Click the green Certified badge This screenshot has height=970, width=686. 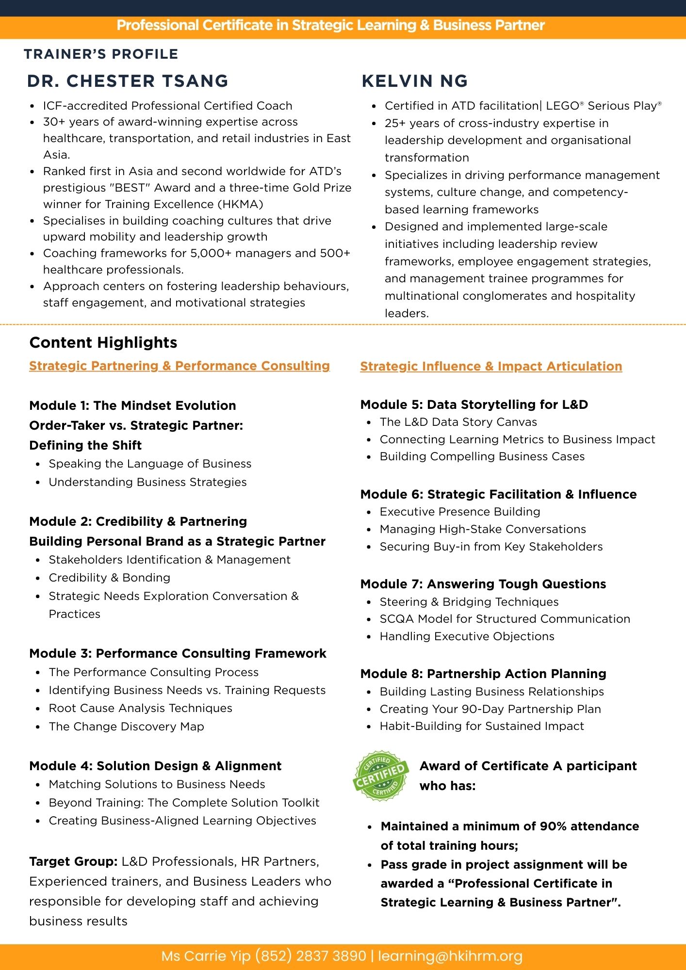380,776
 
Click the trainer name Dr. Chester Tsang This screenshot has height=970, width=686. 128,81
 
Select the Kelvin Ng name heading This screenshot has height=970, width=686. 415,81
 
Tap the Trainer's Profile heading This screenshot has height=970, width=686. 101,54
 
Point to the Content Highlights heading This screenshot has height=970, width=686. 103,342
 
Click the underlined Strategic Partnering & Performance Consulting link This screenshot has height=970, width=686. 180,366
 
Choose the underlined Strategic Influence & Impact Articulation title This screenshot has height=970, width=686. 491,366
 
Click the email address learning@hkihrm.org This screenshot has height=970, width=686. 450,956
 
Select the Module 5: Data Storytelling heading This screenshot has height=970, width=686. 474,404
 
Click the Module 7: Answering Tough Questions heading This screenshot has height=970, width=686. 483,584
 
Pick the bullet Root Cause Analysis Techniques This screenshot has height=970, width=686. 141,708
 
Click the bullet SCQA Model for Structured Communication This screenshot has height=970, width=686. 505,619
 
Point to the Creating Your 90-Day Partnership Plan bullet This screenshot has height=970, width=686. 490,709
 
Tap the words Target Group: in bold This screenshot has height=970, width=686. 73,861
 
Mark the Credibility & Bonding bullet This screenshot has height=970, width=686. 110,578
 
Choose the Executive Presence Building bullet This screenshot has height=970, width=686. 460,512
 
